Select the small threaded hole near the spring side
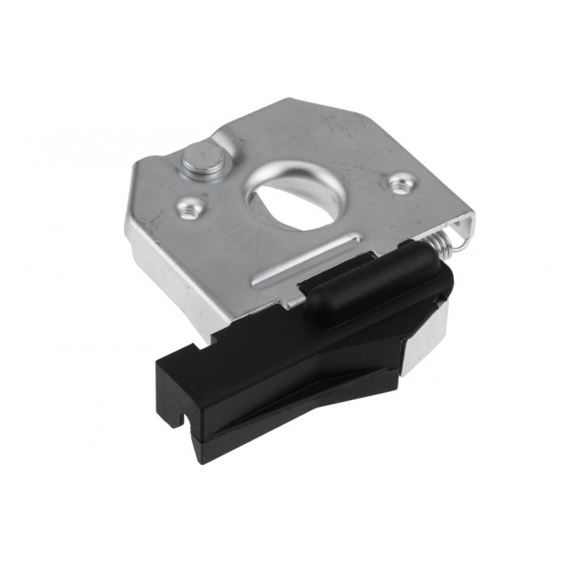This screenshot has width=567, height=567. [399, 185]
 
